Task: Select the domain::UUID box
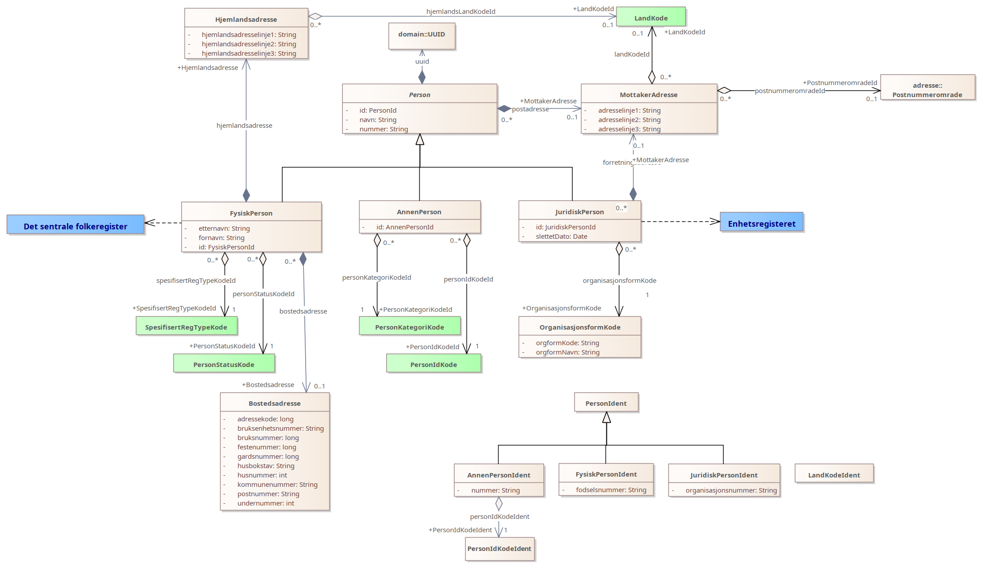[421, 36]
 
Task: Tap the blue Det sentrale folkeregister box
[75, 224]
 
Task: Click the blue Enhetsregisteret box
[761, 222]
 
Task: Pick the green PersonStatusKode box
[224, 363]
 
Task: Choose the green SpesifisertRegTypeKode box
[186, 326]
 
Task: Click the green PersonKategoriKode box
[409, 326]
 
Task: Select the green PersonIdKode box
[434, 363]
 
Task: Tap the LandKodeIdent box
[834, 473]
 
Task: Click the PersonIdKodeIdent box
[499, 549]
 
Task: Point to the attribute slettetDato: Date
[561, 237]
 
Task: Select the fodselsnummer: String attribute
[611, 490]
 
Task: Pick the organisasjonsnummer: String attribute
[731, 490]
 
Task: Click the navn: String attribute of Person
[378, 120]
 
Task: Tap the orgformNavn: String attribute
[568, 352]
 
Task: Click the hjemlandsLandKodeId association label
[461, 12]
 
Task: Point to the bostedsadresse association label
[303, 311]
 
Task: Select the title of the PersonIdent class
[606, 404]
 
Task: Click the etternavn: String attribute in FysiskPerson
[224, 228]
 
